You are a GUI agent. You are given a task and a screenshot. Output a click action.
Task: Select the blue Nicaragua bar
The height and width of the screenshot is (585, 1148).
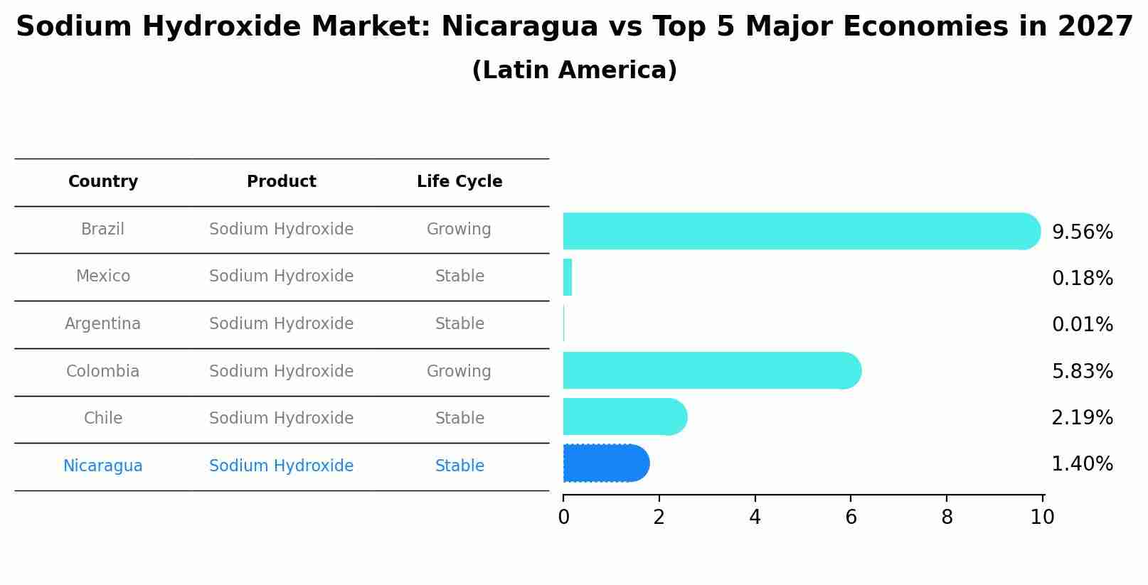coord(605,463)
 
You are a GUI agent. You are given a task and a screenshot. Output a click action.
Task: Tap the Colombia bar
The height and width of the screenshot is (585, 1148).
coord(711,370)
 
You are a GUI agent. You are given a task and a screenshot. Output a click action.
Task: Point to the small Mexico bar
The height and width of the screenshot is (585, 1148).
coord(568,277)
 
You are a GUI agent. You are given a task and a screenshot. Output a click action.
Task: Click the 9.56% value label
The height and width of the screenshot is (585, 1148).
coord(1082,232)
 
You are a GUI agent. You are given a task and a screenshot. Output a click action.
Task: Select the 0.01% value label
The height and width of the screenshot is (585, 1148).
coord(1082,325)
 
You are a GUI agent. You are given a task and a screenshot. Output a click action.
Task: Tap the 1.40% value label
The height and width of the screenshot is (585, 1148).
coord(1082,464)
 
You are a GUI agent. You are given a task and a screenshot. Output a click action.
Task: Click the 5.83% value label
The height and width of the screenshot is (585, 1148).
coord(1082,371)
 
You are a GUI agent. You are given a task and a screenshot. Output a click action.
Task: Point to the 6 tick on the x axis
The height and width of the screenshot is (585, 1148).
coord(851,517)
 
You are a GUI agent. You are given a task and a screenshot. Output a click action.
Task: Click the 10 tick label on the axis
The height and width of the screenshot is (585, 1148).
coord(1042,517)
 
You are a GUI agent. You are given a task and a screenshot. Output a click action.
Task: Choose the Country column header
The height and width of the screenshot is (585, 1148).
coord(103,182)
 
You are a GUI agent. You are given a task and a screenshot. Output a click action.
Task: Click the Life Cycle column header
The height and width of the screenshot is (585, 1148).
coord(459,182)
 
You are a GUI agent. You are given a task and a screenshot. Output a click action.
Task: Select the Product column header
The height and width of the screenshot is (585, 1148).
coord(282,182)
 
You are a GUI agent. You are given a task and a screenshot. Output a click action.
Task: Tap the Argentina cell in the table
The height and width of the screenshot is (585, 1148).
coord(103,324)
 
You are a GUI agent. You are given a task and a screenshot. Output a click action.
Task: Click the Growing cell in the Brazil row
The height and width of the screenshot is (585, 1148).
coord(459,230)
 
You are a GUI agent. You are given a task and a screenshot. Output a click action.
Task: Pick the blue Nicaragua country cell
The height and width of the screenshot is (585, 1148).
coord(103,466)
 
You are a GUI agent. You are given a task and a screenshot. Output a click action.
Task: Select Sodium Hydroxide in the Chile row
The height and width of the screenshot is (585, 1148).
coord(282,419)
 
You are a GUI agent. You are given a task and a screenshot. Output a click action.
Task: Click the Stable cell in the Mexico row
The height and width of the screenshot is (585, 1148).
coord(459,277)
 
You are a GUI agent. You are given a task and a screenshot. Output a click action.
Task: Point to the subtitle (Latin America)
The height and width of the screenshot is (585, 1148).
coord(574,70)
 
